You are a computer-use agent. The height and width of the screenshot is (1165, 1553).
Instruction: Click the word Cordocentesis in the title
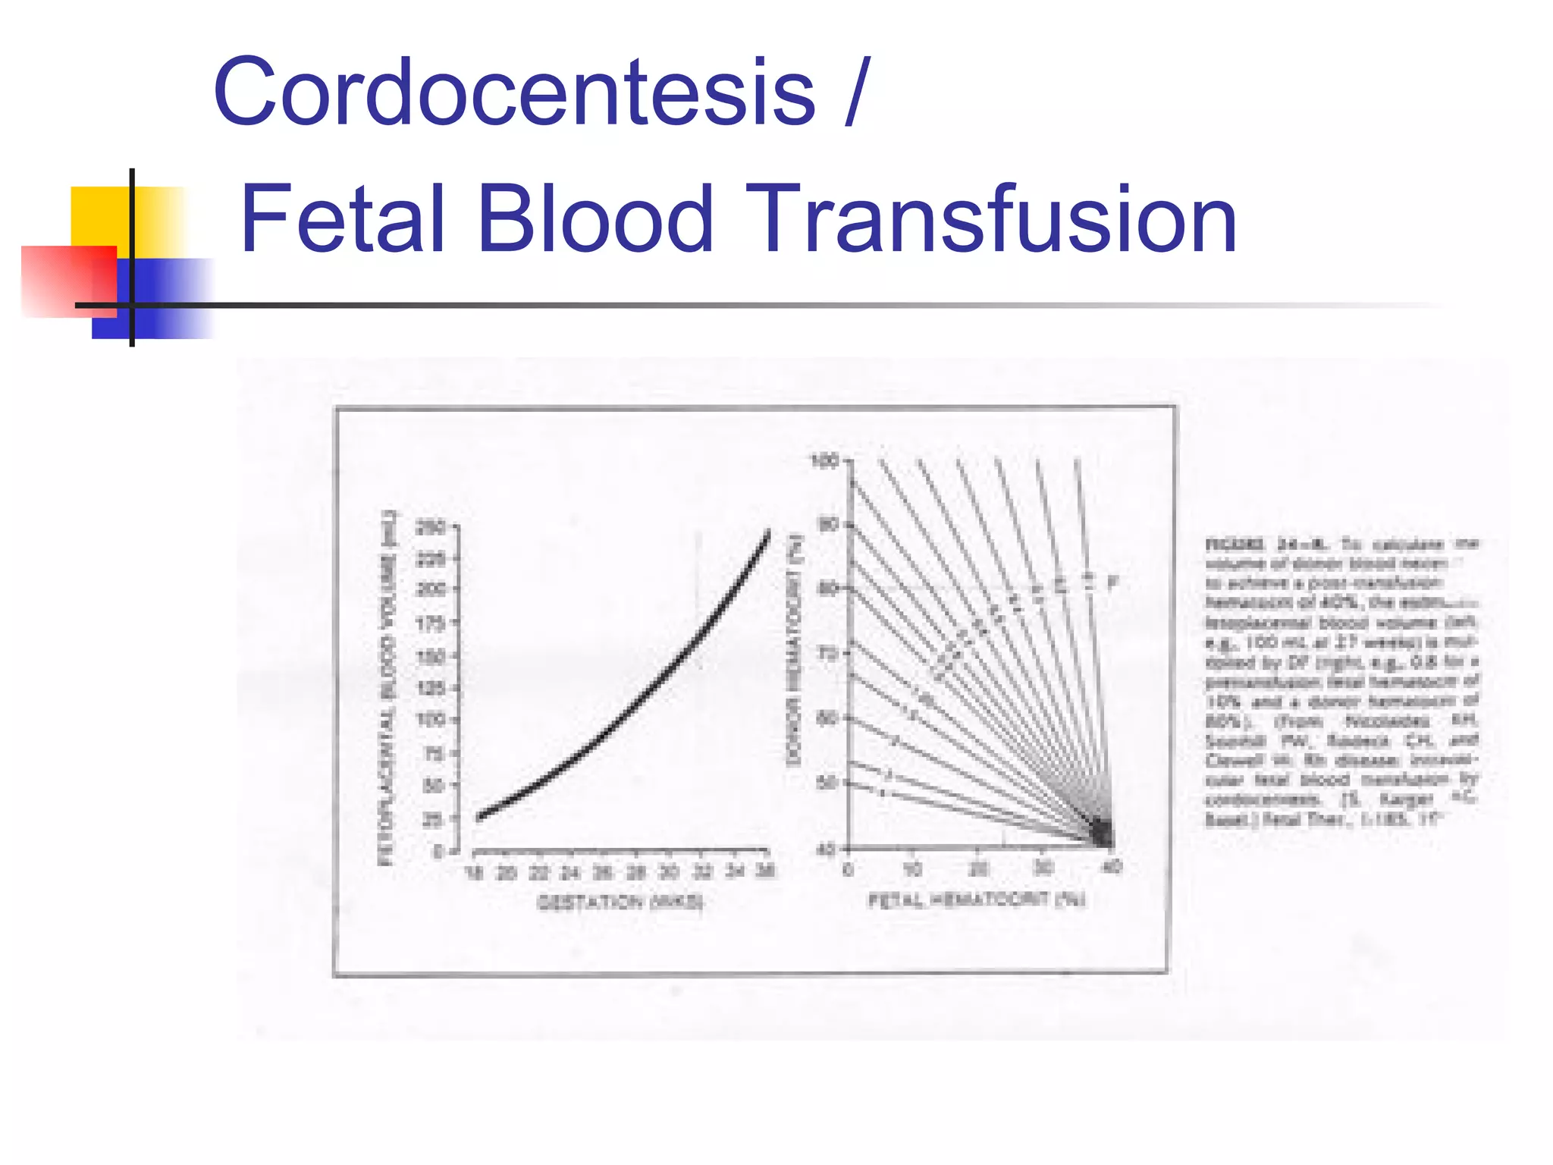click(x=515, y=93)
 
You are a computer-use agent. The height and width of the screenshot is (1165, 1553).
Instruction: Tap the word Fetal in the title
click(x=342, y=219)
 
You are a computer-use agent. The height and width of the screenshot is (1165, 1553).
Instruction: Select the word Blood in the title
click(x=596, y=219)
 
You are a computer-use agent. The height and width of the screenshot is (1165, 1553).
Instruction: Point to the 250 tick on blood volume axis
click(x=431, y=526)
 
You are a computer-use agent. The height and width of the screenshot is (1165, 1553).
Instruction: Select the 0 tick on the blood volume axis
click(x=438, y=852)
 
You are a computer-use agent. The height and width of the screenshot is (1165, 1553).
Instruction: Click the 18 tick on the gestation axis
click(x=474, y=872)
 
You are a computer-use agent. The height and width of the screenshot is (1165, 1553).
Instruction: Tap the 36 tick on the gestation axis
click(x=765, y=871)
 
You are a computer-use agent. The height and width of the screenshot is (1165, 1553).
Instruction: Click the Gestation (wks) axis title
click(x=620, y=902)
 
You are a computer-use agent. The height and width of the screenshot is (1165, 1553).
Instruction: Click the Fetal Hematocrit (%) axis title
click(x=977, y=900)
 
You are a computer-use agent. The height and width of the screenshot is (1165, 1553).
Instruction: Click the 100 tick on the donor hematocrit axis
click(x=824, y=460)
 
